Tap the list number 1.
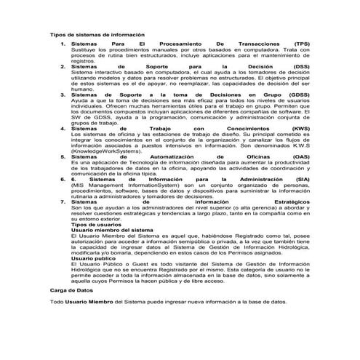63,44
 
